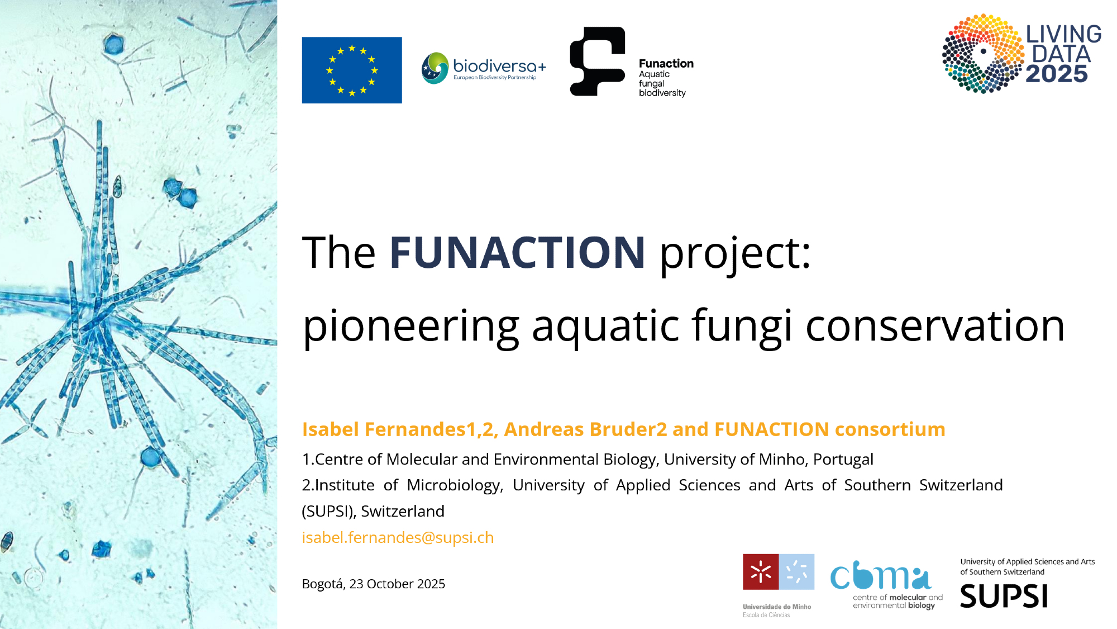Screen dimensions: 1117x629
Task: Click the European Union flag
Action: tap(352, 70)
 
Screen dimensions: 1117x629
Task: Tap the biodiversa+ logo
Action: tap(484, 68)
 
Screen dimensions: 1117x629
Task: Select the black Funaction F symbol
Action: tap(597, 62)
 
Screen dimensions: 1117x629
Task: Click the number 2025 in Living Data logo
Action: tap(1057, 74)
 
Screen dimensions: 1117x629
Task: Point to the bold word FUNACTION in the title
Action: tap(517, 252)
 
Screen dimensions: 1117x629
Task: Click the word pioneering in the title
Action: tap(411, 327)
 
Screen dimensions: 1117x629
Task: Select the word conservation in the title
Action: tap(935, 326)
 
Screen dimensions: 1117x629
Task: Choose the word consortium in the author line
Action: tap(890, 429)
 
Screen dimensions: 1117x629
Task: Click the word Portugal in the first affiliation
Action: tap(843, 459)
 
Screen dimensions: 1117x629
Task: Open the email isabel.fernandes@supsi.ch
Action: tap(398, 537)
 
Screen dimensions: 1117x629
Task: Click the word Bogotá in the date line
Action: tap(323, 584)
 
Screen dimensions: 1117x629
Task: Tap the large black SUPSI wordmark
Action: tap(1004, 596)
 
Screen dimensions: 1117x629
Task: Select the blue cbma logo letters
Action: tap(881, 575)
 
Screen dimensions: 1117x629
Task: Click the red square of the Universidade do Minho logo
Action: tap(761, 572)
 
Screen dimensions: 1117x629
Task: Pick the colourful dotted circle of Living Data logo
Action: tap(984, 53)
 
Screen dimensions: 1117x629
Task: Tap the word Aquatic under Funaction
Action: tap(654, 74)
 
